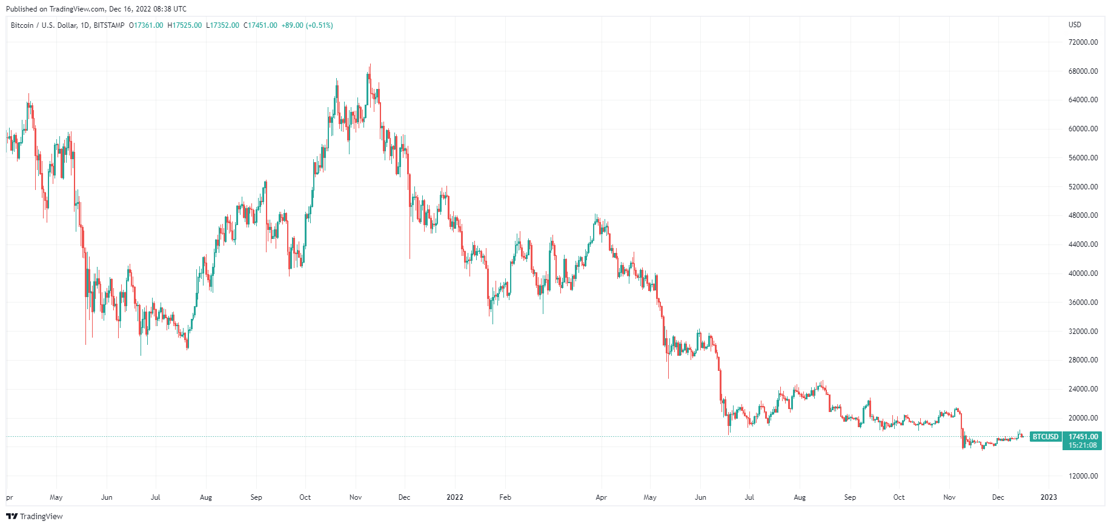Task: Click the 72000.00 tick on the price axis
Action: pos(1083,42)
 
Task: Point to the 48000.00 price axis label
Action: pos(1083,215)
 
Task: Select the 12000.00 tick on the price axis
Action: pos(1083,476)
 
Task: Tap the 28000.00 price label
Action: pos(1083,360)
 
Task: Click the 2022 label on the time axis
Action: pos(454,497)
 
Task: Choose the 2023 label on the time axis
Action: pos(1048,497)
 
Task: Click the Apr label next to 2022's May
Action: pos(601,497)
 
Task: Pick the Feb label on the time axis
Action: pos(505,497)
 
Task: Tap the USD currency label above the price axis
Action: pos(1075,25)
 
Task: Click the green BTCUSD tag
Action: pos(1046,437)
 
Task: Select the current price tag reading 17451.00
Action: pos(1083,437)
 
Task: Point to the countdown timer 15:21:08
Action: pos(1083,445)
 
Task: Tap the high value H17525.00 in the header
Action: pos(185,25)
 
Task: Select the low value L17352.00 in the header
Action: pos(223,25)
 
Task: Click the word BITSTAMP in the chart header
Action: pos(109,25)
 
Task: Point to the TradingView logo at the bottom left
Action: pos(35,516)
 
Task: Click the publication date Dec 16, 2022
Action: pos(131,9)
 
